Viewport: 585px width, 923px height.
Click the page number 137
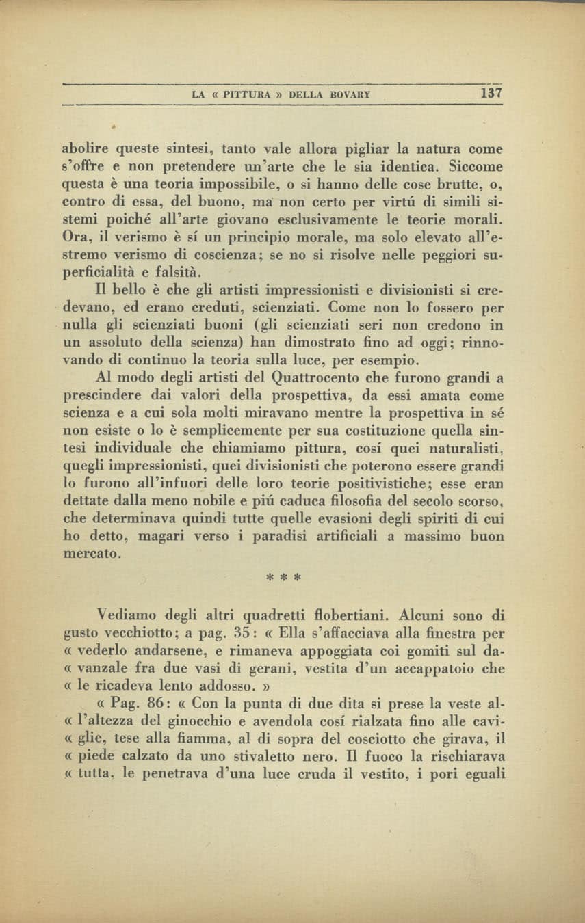tap(491, 93)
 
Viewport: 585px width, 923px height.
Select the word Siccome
tap(476, 166)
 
